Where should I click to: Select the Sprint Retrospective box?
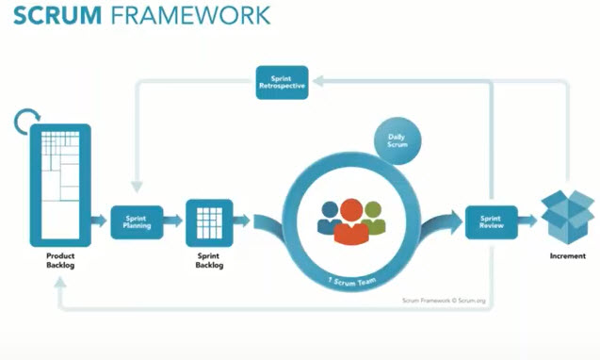pyautogui.click(x=282, y=80)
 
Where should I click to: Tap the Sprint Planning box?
pyautogui.click(x=137, y=221)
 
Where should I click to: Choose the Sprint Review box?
pyautogui.click(x=492, y=221)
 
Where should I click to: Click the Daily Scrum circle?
pyautogui.click(x=397, y=141)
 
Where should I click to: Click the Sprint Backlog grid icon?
pyautogui.click(x=208, y=221)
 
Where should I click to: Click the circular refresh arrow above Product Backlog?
pyautogui.click(x=26, y=122)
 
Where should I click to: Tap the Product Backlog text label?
pyautogui.click(x=60, y=262)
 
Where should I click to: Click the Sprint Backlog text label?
pyautogui.click(x=208, y=262)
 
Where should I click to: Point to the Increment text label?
pyautogui.click(x=567, y=256)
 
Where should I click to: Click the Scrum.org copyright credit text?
pyautogui.click(x=442, y=301)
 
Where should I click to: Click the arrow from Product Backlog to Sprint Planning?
pyautogui.click(x=99, y=221)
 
